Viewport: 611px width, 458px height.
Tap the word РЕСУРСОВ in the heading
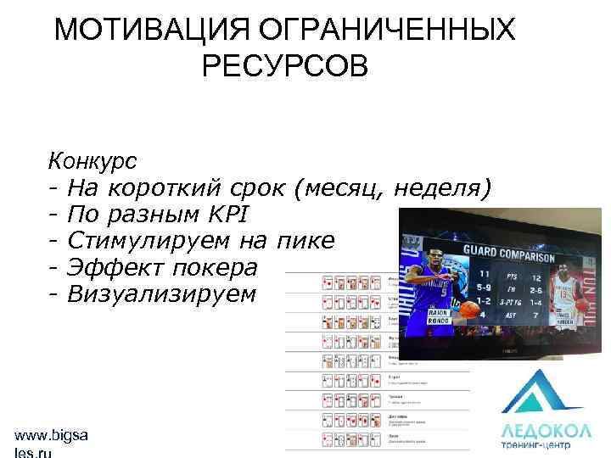286,66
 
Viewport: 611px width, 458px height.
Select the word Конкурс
94,159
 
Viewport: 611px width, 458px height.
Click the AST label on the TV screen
512,315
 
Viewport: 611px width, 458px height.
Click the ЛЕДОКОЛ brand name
537,431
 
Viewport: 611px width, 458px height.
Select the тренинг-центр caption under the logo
537,446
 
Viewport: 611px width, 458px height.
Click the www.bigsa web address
52,436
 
